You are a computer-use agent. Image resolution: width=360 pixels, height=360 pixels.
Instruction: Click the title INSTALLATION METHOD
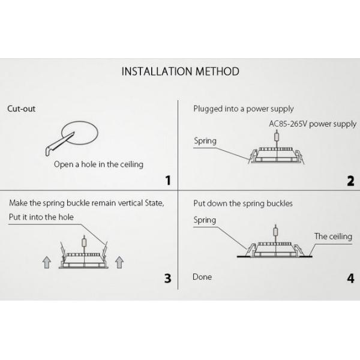click(x=180, y=71)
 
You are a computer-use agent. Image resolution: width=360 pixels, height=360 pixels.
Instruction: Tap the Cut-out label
click(x=22, y=109)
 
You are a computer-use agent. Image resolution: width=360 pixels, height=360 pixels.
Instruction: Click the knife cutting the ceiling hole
click(x=59, y=145)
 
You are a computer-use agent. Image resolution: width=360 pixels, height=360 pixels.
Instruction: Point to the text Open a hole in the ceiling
click(x=98, y=164)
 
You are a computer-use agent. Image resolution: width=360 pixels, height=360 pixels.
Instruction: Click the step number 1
click(x=168, y=181)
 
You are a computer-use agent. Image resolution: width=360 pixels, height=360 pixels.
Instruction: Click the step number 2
click(x=350, y=181)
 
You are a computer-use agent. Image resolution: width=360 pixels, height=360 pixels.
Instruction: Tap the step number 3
click(x=168, y=278)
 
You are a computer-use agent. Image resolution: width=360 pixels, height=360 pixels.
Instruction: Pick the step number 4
click(x=350, y=278)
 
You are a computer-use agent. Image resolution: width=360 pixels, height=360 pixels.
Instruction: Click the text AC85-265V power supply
click(x=313, y=124)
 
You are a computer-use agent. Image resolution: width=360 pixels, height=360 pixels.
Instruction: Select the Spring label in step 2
click(x=205, y=141)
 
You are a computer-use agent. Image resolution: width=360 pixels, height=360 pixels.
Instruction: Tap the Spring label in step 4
click(x=205, y=220)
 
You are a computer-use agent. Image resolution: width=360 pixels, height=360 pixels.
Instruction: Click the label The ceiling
click(x=333, y=236)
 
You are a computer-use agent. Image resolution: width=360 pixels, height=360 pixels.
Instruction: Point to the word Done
click(x=202, y=277)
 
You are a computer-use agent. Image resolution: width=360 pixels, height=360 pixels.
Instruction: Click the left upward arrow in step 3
click(x=47, y=262)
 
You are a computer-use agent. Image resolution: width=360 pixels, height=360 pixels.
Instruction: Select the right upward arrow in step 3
click(x=119, y=262)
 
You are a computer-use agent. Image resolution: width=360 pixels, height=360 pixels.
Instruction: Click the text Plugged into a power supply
click(x=244, y=109)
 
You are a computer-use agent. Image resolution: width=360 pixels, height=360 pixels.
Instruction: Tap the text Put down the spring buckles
click(x=243, y=203)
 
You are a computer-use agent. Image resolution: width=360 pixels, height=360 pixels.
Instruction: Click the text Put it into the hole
click(x=41, y=217)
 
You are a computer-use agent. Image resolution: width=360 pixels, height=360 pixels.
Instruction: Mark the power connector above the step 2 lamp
click(x=277, y=137)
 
